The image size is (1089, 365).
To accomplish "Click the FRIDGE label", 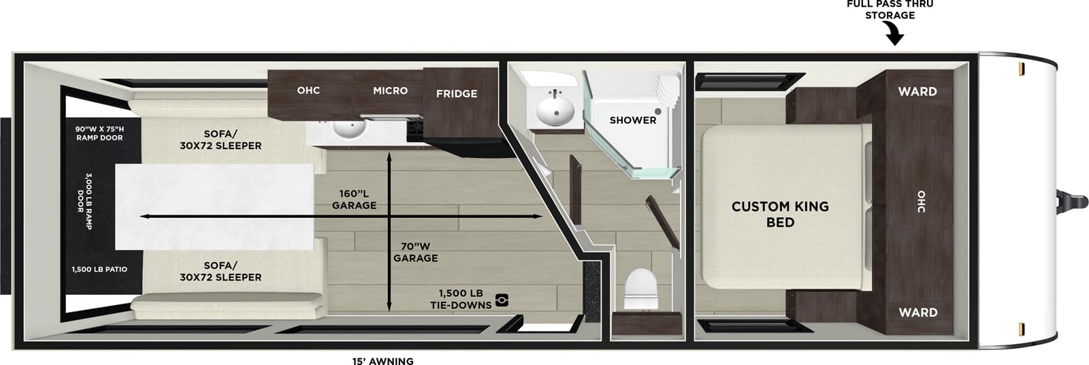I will (456, 94).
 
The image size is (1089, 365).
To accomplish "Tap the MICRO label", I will (390, 91).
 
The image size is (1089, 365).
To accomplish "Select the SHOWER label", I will (632, 121).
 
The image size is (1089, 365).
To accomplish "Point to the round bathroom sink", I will (555, 111).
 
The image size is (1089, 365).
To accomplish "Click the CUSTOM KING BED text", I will (780, 214).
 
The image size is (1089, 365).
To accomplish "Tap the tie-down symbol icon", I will (502, 299).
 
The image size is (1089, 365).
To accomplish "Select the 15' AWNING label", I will (383, 361).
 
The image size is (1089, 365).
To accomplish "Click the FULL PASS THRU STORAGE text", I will (890, 10).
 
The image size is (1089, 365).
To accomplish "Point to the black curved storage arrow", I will (894, 33).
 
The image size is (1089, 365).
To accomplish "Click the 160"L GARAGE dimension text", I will (354, 200).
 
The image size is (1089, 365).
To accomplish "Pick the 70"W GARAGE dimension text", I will (415, 252).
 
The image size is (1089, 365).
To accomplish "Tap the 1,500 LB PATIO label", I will (99, 270).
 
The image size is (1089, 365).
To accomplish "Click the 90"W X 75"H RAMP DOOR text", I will (99, 133).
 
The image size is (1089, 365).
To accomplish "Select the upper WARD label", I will (917, 92).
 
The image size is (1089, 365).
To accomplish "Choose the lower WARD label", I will (917, 313).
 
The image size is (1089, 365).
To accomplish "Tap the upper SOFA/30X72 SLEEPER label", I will (221, 140).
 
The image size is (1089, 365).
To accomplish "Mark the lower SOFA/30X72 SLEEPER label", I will (221, 271).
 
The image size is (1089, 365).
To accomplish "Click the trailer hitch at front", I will (1072, 202).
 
